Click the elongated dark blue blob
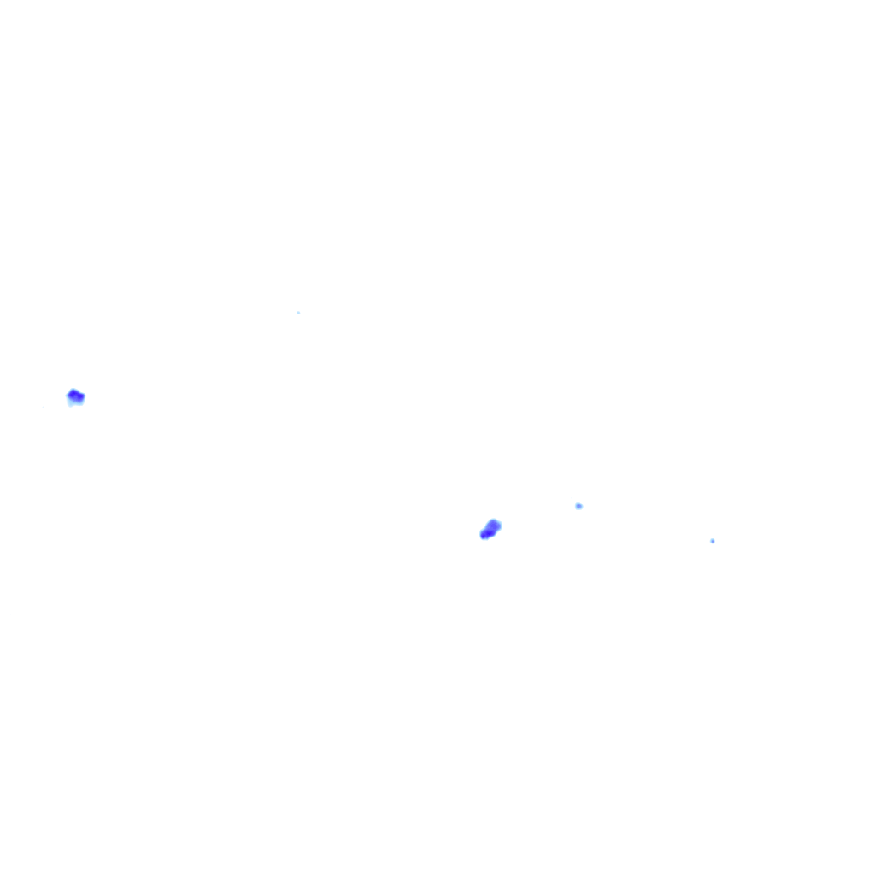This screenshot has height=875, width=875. (x=490, y=530)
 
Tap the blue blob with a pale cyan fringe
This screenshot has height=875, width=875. (x=75, y=396)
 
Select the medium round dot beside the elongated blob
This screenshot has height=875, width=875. (x=578, y=506)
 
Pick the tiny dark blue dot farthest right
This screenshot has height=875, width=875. (x=712, y=541)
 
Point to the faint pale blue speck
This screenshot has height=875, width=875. (x=298, y=312)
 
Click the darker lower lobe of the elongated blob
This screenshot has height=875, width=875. (x=485, y=534)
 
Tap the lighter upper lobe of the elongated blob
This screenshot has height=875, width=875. (x=494, y=525)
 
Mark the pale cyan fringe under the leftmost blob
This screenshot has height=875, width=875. (x=74, y=402)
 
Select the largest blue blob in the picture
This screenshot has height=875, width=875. (x=490, y=530)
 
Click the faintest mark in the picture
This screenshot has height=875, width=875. (x=298, y=312)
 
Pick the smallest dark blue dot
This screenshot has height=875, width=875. (x=712, y=541)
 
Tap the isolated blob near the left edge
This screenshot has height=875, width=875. (x=75, y=396)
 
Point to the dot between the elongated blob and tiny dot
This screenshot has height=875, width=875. (x=578, y=506)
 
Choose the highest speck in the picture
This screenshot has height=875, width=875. (x=298, y=312)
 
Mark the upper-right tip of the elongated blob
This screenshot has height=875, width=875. (x=497, y=521)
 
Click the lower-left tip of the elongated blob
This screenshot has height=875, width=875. (x=483, y=537)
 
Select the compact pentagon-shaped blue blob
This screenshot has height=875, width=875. (x=75, y=396)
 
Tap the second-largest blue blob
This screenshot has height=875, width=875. (x=75, y=396)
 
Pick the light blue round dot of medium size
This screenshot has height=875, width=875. (x=578, y=506)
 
